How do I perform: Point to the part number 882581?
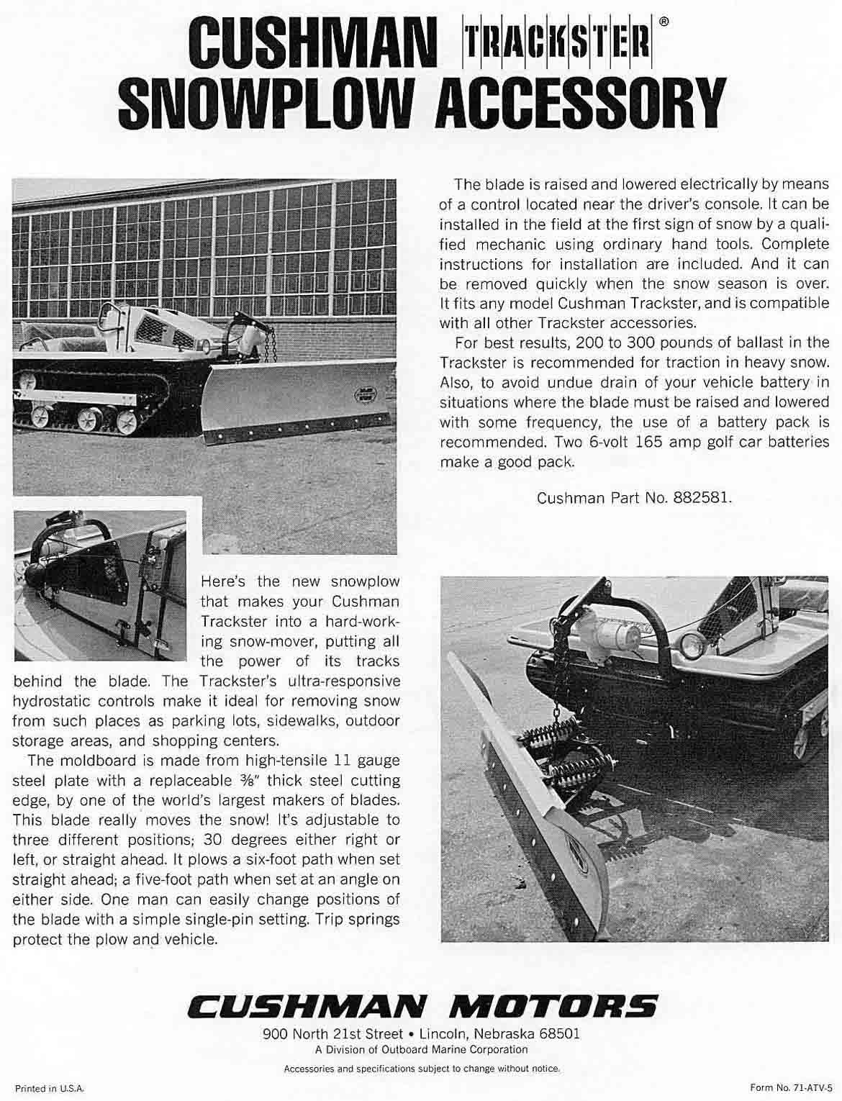click(x=702, y=497)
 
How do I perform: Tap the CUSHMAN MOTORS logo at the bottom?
click(x=422, y=1005)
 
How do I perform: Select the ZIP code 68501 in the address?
click(x=559, y=1034)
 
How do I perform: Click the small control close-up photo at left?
click(x=99, y=585)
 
